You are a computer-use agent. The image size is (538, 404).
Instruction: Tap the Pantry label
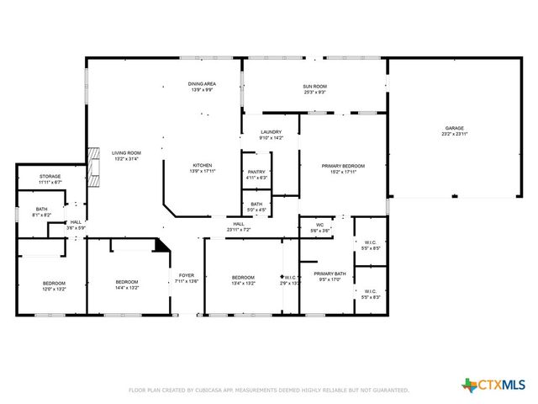click(x=256, y=175)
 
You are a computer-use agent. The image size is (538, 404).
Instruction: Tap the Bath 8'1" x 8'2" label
click(x=41, y=212)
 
